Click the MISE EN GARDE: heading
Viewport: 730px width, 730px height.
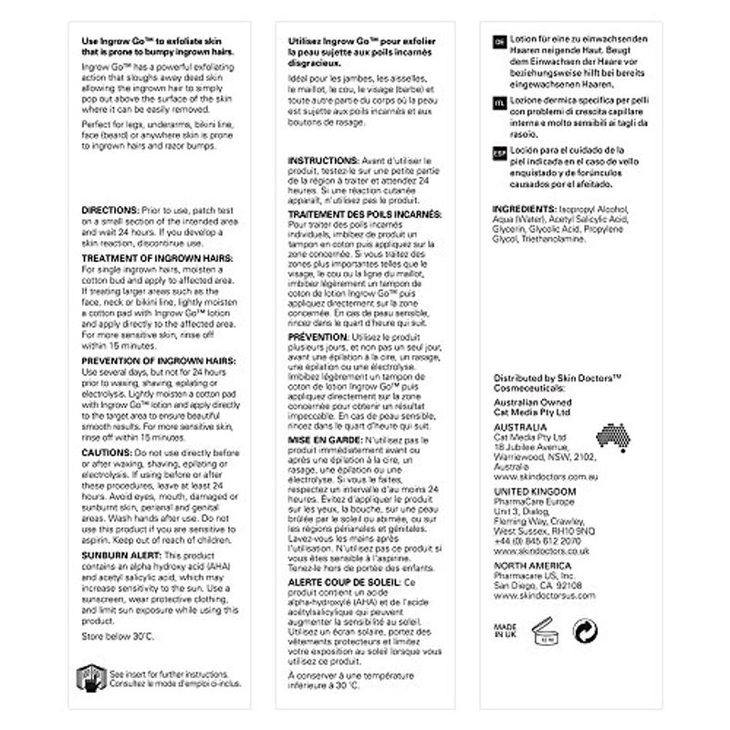pos(320,438)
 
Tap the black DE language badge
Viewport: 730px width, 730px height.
pos(498,43)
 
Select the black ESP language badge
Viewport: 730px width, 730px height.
pos(498,151)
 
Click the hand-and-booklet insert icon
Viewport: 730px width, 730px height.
pos(88,677)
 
